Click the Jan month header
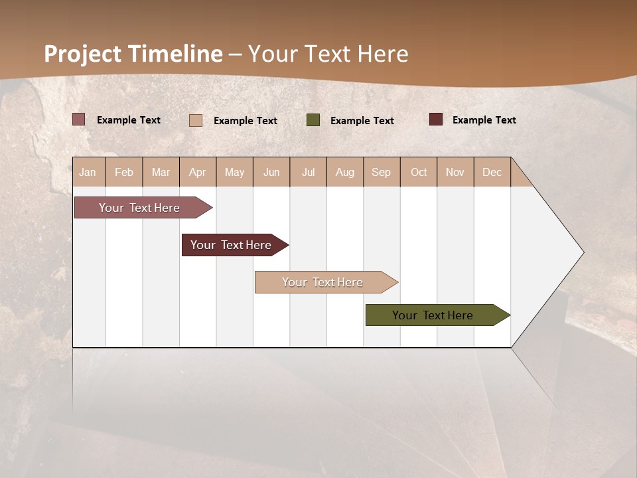coord(88,172)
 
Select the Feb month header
coord(124,172)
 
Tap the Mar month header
coord(161,172)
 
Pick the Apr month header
coord(198,172)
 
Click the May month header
coord(234,172)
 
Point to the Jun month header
coord(271,172)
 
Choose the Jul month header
coord(308,172)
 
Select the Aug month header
coord(345,172)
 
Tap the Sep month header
coord(382,172)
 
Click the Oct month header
coord(419,172)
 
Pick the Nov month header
coord(455,172)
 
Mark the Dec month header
coord(492,172)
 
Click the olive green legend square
coord(313,120)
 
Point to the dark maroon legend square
coord(436,119)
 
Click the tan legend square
coord(196,120)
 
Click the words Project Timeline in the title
coord(133,54)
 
